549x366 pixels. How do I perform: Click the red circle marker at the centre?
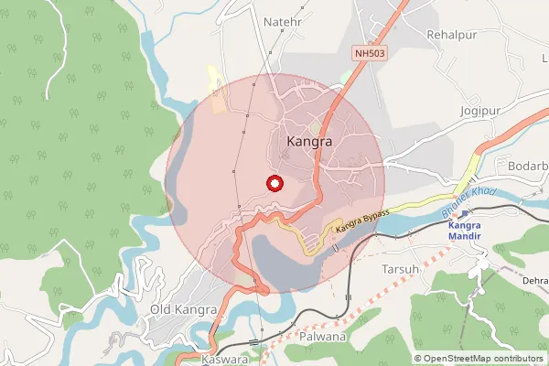click(273, 183)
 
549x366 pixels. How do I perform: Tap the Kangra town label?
click(308, 143)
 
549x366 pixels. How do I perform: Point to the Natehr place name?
click(282, 20)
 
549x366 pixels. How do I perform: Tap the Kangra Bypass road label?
click(362, 221)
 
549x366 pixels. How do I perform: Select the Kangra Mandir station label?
click(472, 230)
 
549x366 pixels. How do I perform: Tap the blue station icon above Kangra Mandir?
click(466, 212)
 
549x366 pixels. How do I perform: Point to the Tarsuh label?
click(400, 269)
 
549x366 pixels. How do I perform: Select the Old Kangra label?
click(183, 310)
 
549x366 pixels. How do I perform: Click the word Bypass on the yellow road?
click(374, 216)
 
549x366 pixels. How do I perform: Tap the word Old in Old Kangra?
click(161, 310)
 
